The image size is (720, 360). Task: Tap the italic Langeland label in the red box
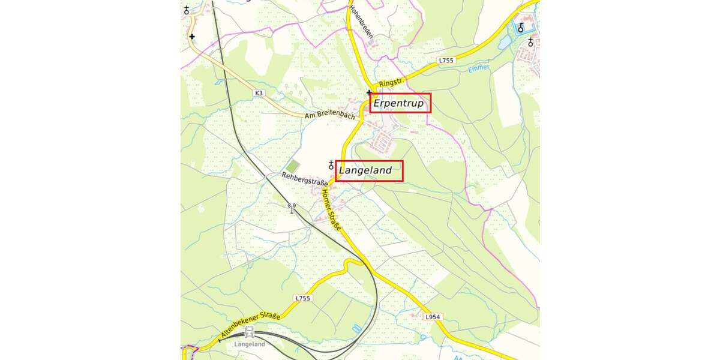[x=365, y=170]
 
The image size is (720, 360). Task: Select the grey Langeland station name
[x=249, y=344]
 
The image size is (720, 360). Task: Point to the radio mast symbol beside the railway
[x=292, y=208]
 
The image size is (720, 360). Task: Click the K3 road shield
[x=259, y=93]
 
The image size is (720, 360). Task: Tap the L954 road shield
[x=432, y=316]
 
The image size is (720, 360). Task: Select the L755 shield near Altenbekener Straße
[x=302, y=298]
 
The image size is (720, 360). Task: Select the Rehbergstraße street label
[x=305, y=178]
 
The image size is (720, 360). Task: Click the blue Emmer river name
[x=479, y=70]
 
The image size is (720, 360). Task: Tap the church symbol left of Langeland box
[x=331, y=165]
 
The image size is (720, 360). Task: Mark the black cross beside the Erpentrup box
[x=369, y=93]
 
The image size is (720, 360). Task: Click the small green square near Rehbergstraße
[x=292, y=166]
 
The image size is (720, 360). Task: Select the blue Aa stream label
[x=458, y=356]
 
